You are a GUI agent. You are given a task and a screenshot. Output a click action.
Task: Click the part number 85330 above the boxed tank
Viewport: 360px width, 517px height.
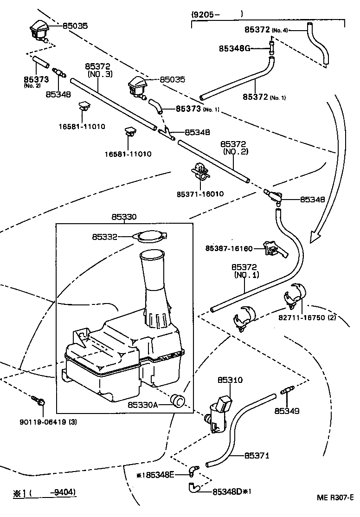124,217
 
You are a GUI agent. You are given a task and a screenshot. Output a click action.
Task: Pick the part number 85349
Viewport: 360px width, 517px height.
287,411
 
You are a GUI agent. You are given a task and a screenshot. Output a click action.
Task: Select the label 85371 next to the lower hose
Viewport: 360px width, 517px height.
257,456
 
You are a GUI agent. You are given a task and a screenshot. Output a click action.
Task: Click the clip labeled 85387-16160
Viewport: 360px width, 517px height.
275,248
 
